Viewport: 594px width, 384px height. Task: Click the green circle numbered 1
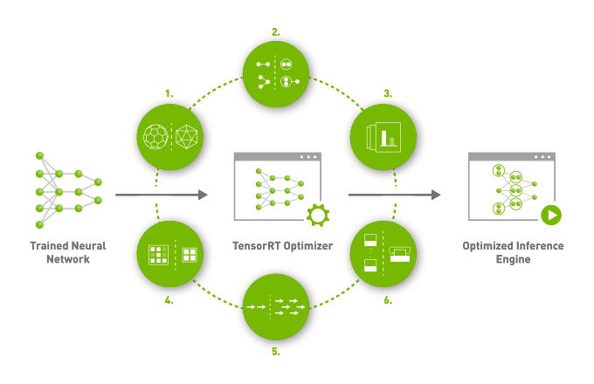pos(170,137)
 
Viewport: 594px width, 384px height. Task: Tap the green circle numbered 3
pos(383,137)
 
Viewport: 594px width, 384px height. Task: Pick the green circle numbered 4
pos(170,254)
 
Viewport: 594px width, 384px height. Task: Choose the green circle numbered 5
pos(276,307)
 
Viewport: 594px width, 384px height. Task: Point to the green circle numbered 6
pos(383,254)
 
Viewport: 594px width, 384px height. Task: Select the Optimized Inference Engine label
pos(513,252)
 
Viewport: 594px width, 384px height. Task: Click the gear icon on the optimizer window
pos(317,214)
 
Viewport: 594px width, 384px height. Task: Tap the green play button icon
pos(550,214)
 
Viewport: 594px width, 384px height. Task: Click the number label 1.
pos(169,93)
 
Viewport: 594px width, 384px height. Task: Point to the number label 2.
pos(276,31)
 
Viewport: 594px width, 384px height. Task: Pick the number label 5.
pos(276,351)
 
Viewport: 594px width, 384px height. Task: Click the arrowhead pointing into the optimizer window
pos(204,195)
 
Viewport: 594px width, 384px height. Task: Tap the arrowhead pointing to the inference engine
pos(436,195)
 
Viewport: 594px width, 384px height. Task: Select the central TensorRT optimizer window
pos(277,186)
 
